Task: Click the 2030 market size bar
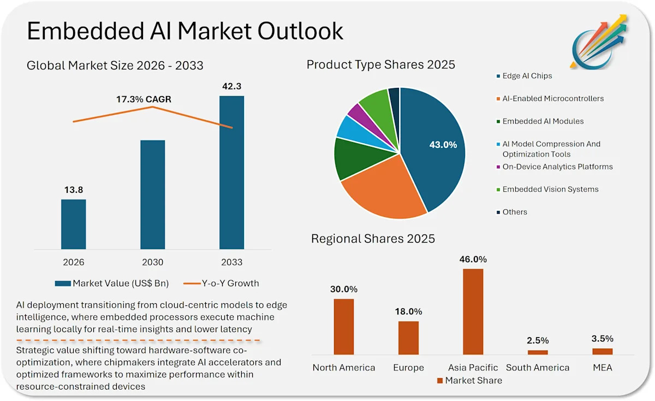coord(152,194)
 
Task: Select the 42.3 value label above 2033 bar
coord(231,86)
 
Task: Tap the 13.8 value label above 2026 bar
coord(73,190)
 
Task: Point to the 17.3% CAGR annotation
coord(144,99)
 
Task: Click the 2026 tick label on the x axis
coord(74,262)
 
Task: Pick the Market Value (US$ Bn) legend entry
coord(112,284)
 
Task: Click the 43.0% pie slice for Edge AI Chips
coord(437,148)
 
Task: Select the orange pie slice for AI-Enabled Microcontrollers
coord(382,191)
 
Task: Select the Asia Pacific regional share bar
coord(473,311)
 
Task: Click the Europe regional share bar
coord(408,338)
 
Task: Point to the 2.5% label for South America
coord(538,340)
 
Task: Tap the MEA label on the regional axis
coord(603,368)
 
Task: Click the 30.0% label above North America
coord(344,289)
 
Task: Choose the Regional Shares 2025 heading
coord(373,239)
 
